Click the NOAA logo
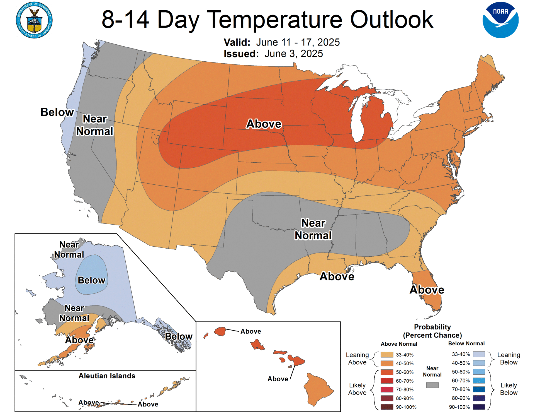click(x=500, y=20)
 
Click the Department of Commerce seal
click(x=34, y=20)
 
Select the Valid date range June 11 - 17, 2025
click(x=298, y=42)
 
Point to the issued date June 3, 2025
click(x=293, y=54)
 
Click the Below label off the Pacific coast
click(x=57, y=112)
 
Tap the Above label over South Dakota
click(x=264, y=124)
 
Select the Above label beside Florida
click(x=427, y=290)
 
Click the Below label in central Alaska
click(x=91, y=280)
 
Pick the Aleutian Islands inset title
click(x=107, y=376)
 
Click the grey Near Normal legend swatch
click(x=432, y=385)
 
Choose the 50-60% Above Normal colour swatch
click(x=387, y=372)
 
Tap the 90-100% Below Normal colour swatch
click(x=479, y=407)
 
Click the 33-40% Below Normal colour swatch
click(x=479, y=354)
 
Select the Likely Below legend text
click(x=509, y=389)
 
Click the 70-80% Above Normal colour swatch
click(x=387, y=389)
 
